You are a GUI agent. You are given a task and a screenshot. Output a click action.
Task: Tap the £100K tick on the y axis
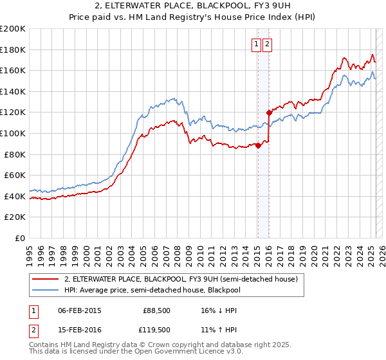tap(14, 133)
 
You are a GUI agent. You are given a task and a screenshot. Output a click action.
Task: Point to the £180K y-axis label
tap(14, 50)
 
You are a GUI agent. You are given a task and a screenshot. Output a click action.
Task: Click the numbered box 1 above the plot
tap(257, 44)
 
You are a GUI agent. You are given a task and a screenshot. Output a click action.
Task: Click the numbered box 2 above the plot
tap(267, 44)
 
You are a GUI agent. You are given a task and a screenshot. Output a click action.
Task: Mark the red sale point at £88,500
tap(258, 145)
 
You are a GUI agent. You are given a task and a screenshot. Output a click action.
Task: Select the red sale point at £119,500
tap(269, 113)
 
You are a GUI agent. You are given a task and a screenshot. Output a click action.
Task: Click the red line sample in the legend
tap(46, 280)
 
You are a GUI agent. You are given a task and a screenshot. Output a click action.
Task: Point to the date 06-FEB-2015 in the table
tap(80, 310)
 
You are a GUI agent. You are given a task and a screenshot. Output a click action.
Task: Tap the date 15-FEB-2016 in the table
tap(80, 330)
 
